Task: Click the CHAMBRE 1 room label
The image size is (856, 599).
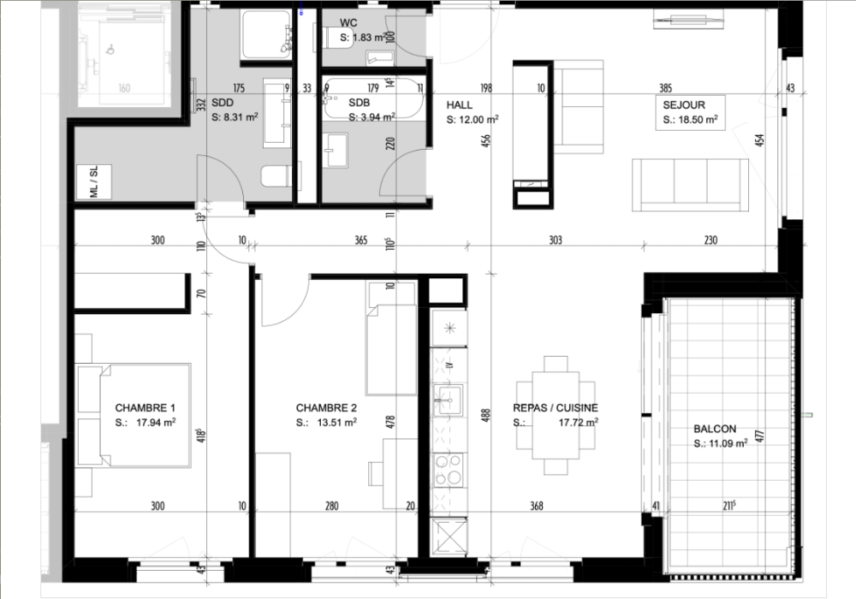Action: (x=146, y=407)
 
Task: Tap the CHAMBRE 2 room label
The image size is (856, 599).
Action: (x=326, y=407)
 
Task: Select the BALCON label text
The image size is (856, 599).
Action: (x=715, y=429)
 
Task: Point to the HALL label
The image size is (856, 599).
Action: (x=459, y=105)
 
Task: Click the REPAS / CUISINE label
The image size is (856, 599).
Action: (x=555, y=408)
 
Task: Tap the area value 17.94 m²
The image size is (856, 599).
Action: (x=156, y=422)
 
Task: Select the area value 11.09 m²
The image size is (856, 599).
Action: (x=728, y=443)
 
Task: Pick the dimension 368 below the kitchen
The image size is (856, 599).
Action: (x=537, y=506)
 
